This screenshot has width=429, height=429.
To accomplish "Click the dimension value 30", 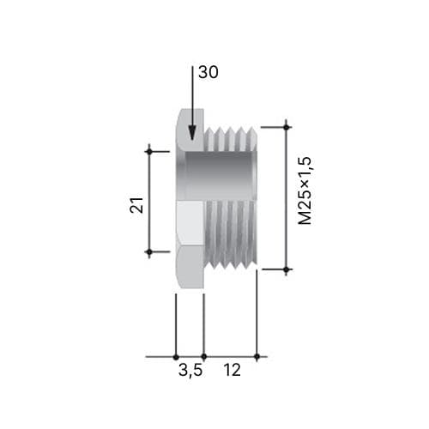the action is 208,72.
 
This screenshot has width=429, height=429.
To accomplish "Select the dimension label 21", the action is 136,204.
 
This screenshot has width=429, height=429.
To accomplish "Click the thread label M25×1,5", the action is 305,190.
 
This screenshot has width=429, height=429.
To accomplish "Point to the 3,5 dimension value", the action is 190,371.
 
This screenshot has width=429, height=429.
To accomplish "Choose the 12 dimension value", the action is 232,370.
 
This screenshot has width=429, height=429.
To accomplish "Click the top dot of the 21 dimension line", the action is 149,151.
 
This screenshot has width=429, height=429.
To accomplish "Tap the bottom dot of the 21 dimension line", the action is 149,252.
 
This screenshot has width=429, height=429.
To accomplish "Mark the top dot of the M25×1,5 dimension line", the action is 287,127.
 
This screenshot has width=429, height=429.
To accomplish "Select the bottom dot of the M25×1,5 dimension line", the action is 287,269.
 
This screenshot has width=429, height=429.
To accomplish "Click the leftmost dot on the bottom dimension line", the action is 176,357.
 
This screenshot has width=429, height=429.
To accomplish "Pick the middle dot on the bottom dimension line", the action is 203,357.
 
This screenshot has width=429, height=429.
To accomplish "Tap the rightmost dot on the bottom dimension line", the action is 257,357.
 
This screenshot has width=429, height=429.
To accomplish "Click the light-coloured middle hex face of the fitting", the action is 190,222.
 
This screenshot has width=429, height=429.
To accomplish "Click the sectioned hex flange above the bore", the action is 190,130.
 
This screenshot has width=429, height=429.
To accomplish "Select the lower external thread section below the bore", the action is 231,234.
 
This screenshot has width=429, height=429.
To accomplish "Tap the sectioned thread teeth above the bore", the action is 231,139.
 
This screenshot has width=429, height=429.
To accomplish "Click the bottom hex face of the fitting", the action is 190,266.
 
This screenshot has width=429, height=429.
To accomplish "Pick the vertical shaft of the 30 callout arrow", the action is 192,97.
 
